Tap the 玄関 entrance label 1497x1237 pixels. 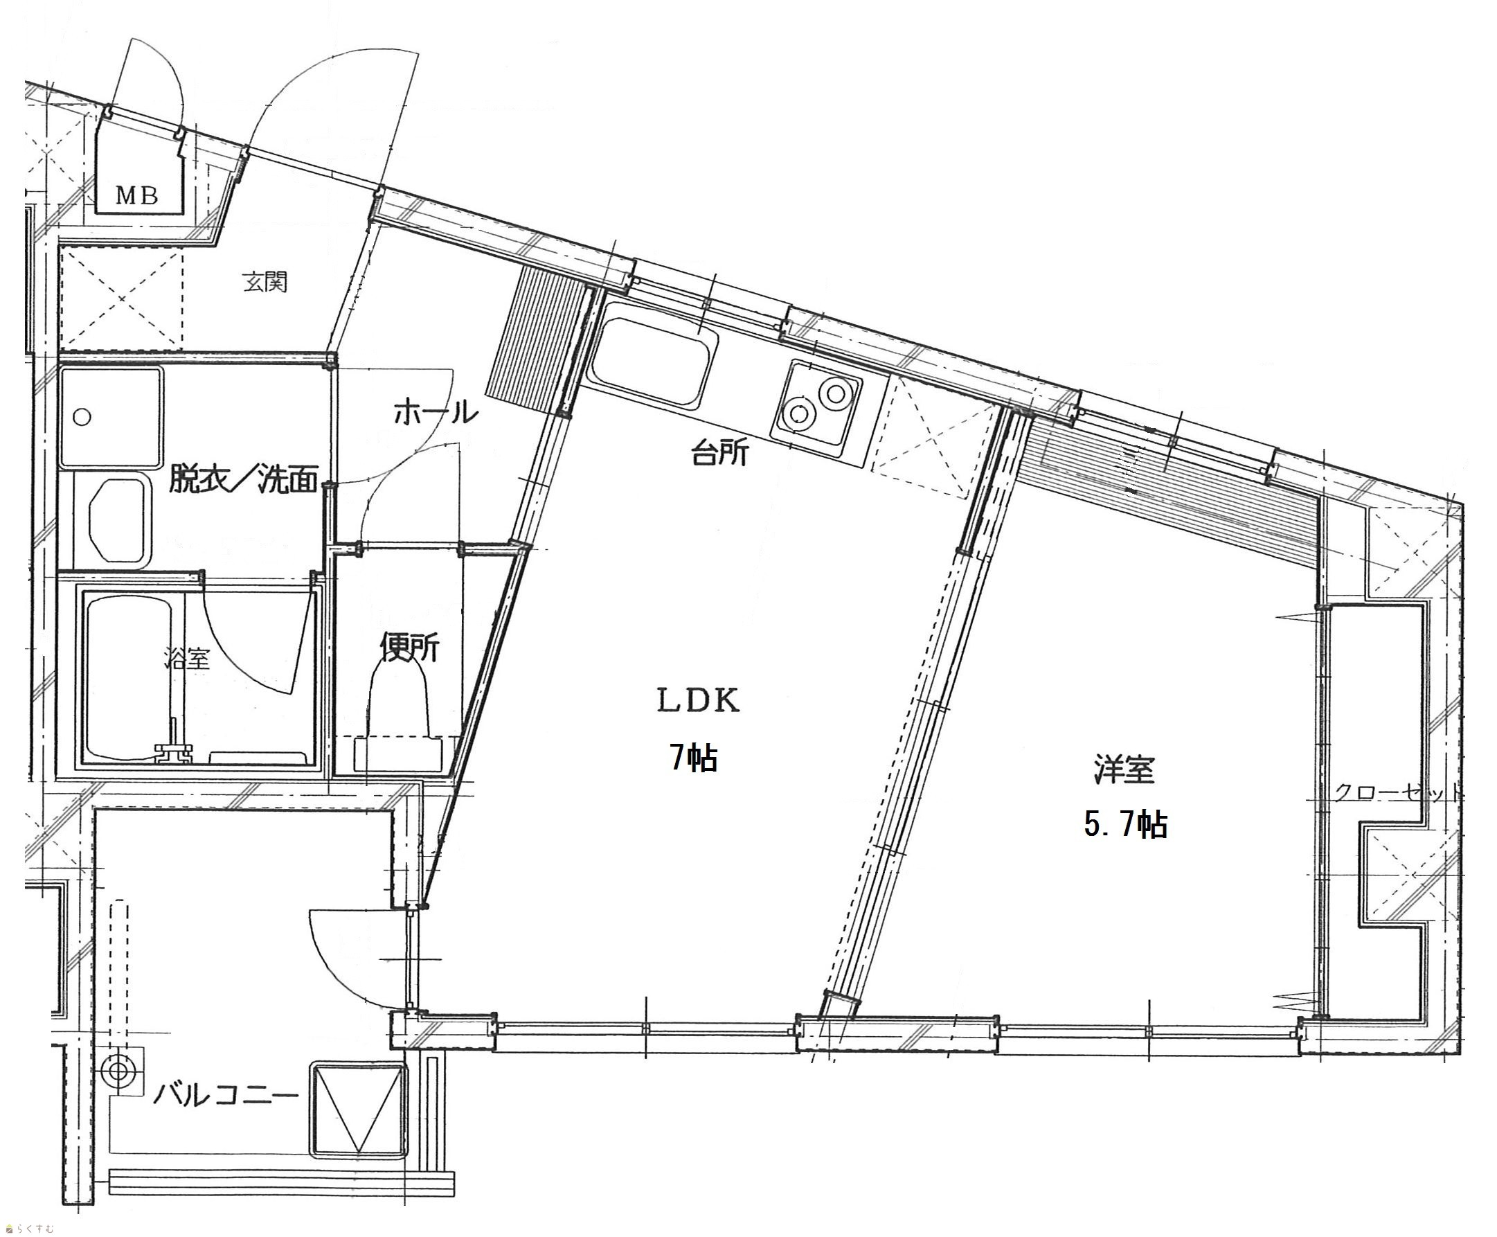coord(265,282)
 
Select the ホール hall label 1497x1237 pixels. coord(435,413)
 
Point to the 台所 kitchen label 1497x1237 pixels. coord(719,452)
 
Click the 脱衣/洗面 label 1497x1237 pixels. coord(242,479)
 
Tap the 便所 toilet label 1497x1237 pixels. coord(409,646)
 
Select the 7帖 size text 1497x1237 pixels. coord(692,758)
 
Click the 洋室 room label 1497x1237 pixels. coord(1124,770)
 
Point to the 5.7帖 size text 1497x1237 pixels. coord(1125,824)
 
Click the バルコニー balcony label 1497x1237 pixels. coord(226,1094)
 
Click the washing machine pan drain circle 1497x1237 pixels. coord(82,417)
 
